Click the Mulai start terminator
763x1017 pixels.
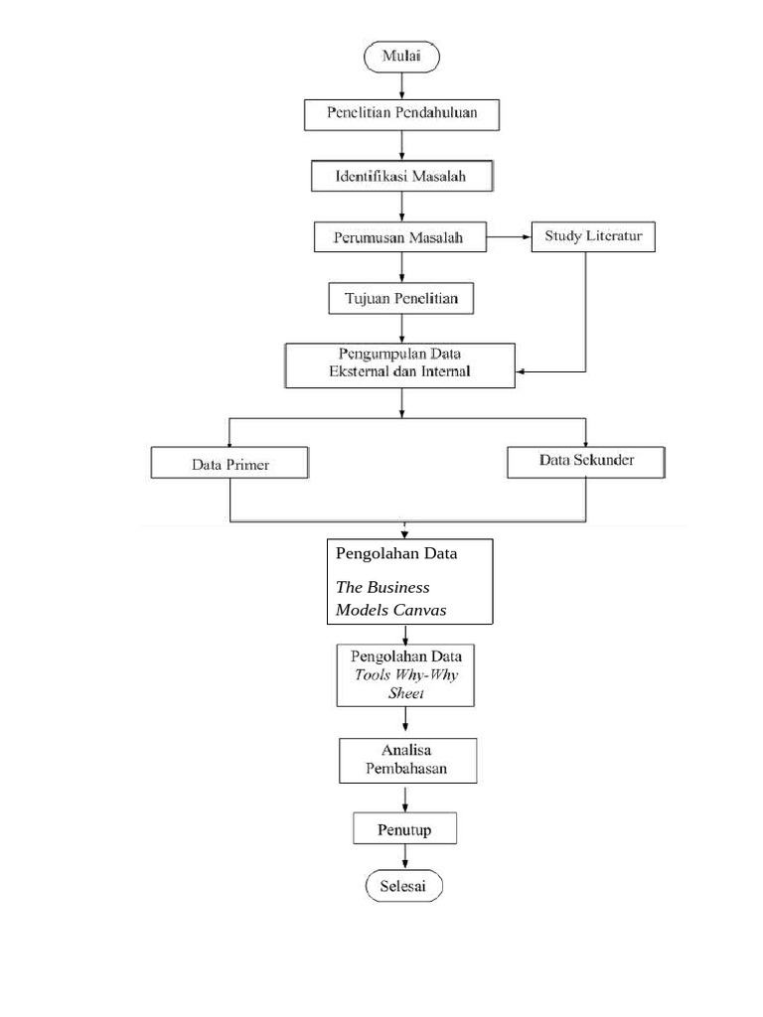tap(402, 58)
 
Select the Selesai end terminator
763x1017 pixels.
tap(402, 887)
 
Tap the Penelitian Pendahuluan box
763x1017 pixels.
tap(401, 113)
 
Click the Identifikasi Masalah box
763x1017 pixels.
tap(401, 177)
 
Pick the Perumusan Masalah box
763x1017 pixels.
tap(401, 238)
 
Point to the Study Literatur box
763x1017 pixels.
tap(593, 236)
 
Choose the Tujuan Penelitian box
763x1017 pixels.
tap(401, 299)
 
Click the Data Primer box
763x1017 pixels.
tap(229, 464)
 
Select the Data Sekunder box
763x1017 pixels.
tap(585, 461)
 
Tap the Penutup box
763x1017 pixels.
tap(404, 829)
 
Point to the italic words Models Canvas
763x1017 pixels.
tap(390, 610)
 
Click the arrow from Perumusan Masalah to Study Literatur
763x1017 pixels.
tap(511, 237)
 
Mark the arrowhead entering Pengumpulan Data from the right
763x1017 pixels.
tap(522, 372)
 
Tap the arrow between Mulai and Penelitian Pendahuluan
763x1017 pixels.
tap(402, 85)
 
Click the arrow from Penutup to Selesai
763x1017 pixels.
tap(404, 858)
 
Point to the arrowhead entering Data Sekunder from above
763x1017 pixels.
tap(585, 441)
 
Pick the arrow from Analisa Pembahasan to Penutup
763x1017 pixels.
tap(404, 798)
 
